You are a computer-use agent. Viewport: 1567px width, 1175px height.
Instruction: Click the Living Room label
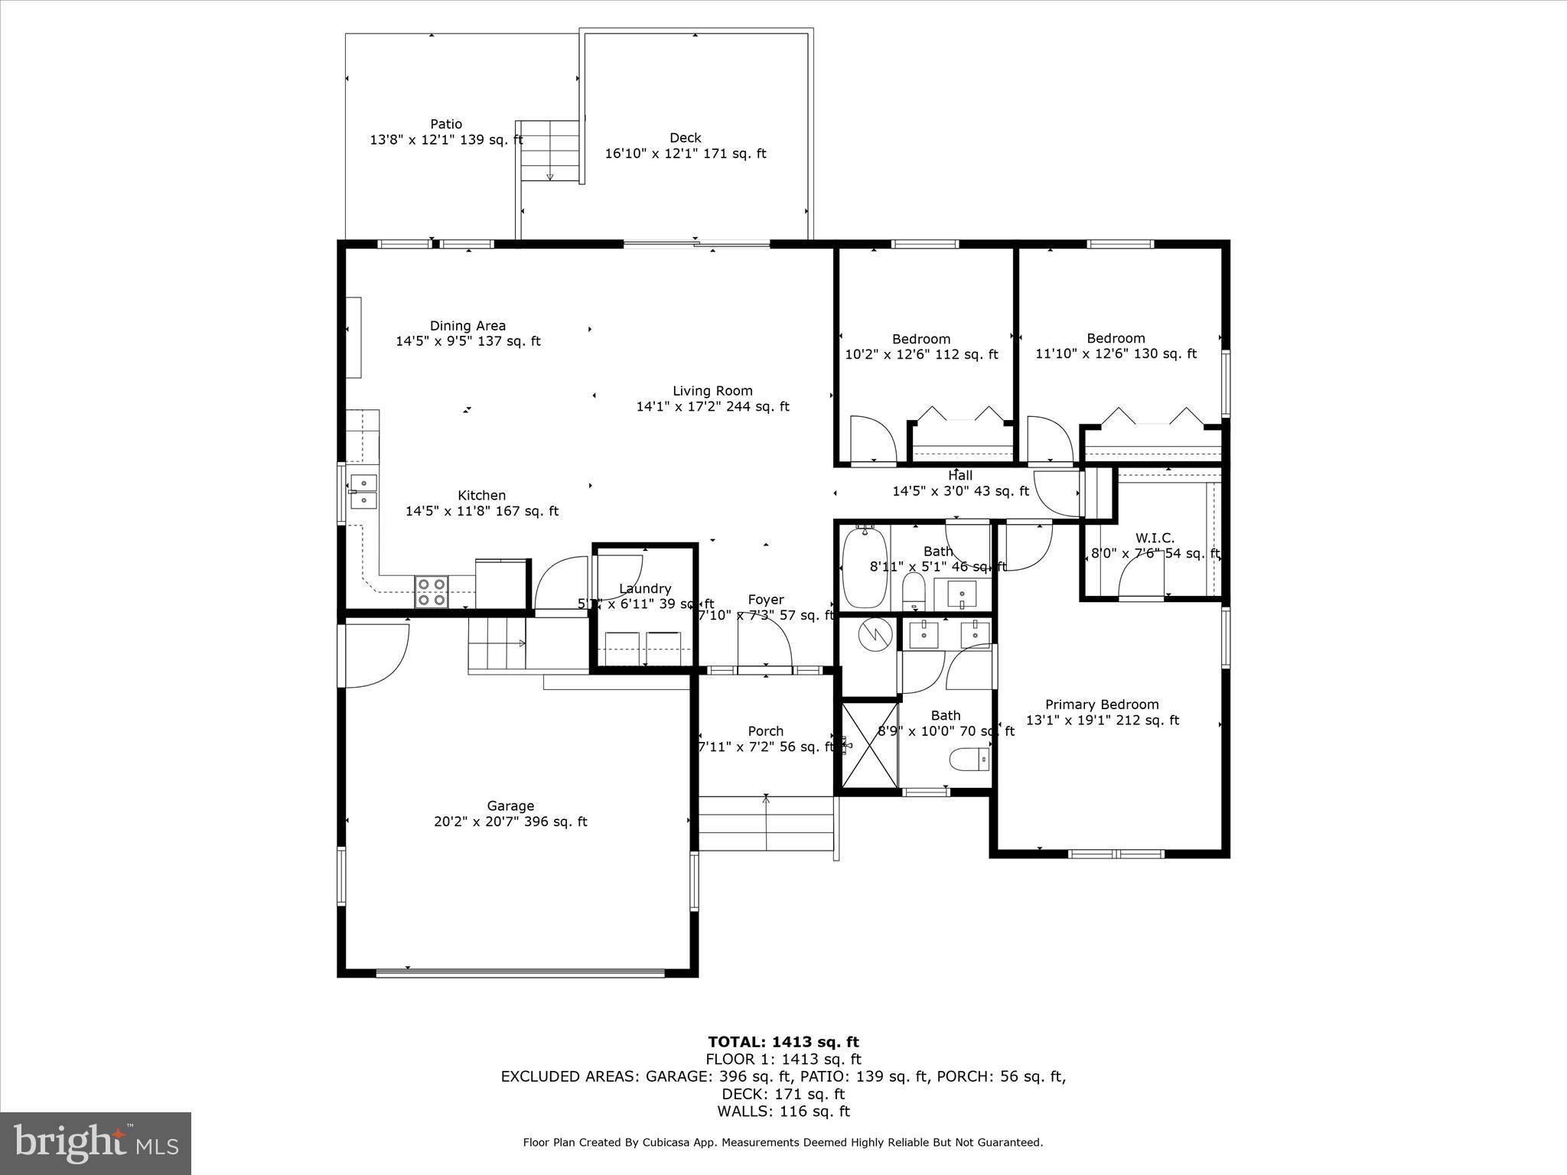(712, 391)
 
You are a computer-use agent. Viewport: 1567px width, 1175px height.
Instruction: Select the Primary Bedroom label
(1102, 705)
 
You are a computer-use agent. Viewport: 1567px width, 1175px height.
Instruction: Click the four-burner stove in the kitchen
(432, 592)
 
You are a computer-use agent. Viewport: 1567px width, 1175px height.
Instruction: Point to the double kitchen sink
(364, 492)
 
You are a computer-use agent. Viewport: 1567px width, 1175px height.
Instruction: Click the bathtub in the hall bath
(865, 568)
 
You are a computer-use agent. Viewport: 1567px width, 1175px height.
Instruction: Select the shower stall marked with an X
(870, 745)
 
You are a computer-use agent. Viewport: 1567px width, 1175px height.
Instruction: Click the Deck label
(685, 138)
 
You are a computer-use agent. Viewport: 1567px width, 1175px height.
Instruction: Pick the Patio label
(446, 124)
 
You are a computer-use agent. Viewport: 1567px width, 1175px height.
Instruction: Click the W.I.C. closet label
(1155, 539)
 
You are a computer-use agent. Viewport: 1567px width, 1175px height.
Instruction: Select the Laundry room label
(645, 588)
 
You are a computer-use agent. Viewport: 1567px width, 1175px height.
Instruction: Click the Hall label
(960, 476)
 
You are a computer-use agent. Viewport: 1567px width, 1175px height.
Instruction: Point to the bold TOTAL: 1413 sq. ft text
(783, 1041)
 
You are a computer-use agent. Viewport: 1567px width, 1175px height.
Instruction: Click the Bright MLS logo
(96, 1143)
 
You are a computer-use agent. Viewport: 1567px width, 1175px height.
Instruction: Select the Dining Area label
(467, 326)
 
